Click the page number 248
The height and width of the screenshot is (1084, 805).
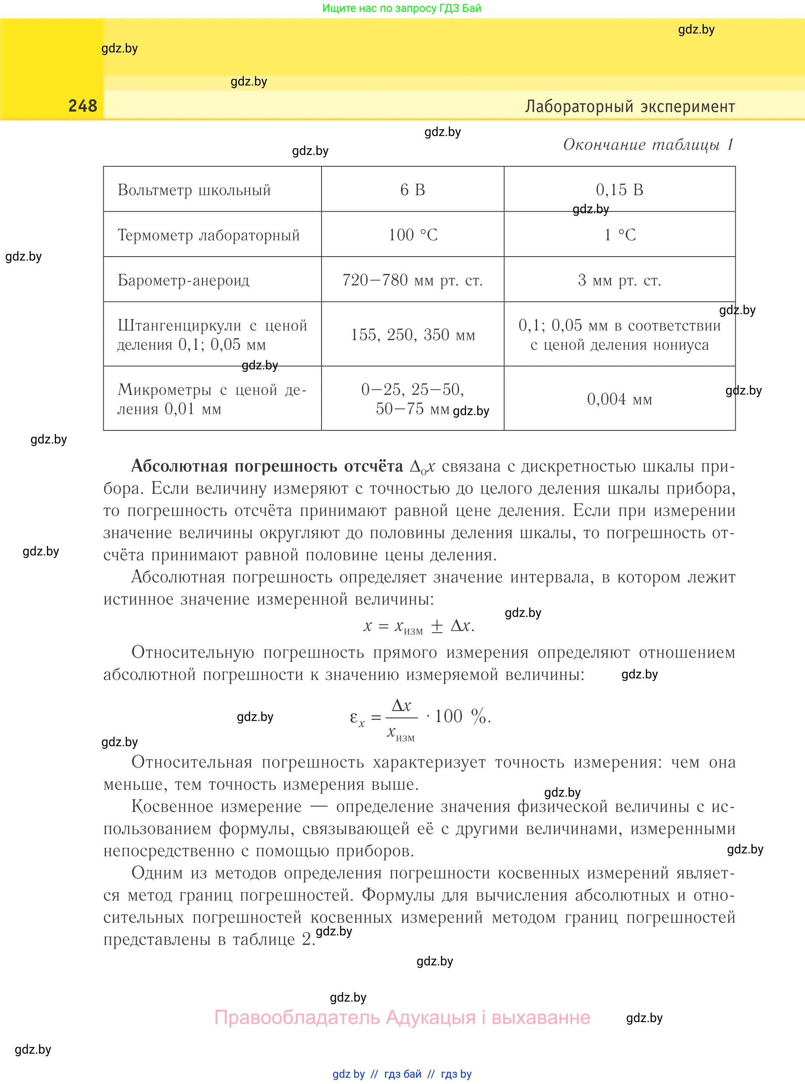point(83,106)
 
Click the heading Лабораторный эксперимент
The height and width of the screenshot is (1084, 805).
point(630,106)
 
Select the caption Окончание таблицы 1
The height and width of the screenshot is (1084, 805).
point(648,145)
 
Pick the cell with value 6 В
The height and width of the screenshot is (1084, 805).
point(412,190)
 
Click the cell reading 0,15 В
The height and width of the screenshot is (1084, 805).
point(619,190)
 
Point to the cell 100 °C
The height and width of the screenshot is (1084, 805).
point(412,235)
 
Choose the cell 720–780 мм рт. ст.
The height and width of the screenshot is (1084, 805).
point(412,280)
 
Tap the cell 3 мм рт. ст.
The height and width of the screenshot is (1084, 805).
point(619,280)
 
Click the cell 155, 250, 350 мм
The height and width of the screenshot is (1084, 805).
point(412,335)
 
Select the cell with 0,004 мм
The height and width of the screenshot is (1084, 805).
point(619,399)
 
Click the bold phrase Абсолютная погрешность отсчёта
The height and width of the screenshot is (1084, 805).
point(267,466)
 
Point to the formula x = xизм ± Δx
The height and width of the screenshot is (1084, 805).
point(418,626)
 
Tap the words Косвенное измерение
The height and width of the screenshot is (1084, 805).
point(217,806)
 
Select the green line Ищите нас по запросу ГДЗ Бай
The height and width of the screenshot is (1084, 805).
point(402,8)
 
